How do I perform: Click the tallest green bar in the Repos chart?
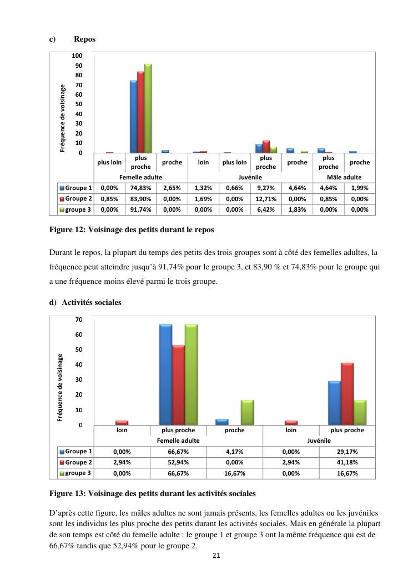coord(148,108)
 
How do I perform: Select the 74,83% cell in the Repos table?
coord(140,188)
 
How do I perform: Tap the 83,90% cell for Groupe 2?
coord(140,199)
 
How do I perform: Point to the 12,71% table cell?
coord(266,199)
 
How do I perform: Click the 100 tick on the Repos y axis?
coord(77,56)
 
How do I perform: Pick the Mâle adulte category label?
coord(344,177)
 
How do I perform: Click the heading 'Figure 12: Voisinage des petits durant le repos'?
coord(132,229)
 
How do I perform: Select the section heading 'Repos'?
coord(84,39)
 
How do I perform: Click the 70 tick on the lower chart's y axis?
coord(78,319)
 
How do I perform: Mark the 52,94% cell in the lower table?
coord(178,463)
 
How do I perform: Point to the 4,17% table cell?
coord(234,452)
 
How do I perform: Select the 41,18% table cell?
coord(347,463)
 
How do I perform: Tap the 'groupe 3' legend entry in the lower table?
coord(77,473)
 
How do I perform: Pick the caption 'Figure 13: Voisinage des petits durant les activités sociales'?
coord(153,493)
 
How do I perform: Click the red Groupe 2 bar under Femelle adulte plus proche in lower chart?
coord(178,385)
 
